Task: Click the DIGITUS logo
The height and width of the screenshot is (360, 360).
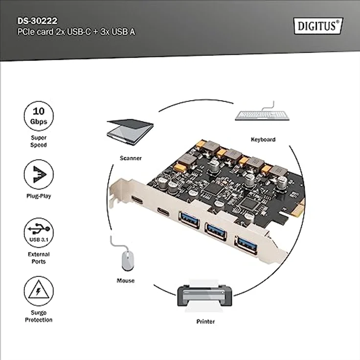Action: (318, 25)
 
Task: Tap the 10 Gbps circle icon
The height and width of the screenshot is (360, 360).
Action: (39, 116)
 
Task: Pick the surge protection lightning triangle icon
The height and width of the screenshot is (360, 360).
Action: (39, 291)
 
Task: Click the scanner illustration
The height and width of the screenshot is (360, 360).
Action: (130, 131)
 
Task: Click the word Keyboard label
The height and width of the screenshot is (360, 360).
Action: (263, 139)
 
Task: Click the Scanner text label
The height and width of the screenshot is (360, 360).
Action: (131, 158)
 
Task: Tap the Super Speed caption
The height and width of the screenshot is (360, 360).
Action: (39, 141)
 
